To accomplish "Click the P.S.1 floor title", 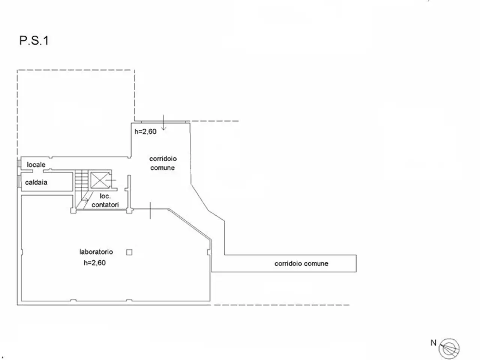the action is tap(34, 40).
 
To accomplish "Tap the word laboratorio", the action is tap(96, 252).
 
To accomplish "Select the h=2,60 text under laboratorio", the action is tap(95, 262).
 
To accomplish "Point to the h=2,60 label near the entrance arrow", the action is tap(145, 131).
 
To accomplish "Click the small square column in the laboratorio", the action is tap(129, 252).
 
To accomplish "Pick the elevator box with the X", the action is tap(100, 180).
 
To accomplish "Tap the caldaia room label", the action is tap(36, 182).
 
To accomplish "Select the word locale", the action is tap(36, 165).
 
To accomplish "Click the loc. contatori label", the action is tap(105, 200).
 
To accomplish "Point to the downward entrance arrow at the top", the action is tap(163, 122).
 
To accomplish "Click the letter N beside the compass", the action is tap(433, 343).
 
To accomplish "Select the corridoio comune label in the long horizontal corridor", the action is tap(301, 264).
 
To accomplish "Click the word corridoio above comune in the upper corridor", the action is tap(163, 159).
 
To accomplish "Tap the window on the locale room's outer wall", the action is tap(19, 163).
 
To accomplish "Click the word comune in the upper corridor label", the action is tap(162, 168).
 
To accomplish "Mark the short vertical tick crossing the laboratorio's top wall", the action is tap(150, 210).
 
